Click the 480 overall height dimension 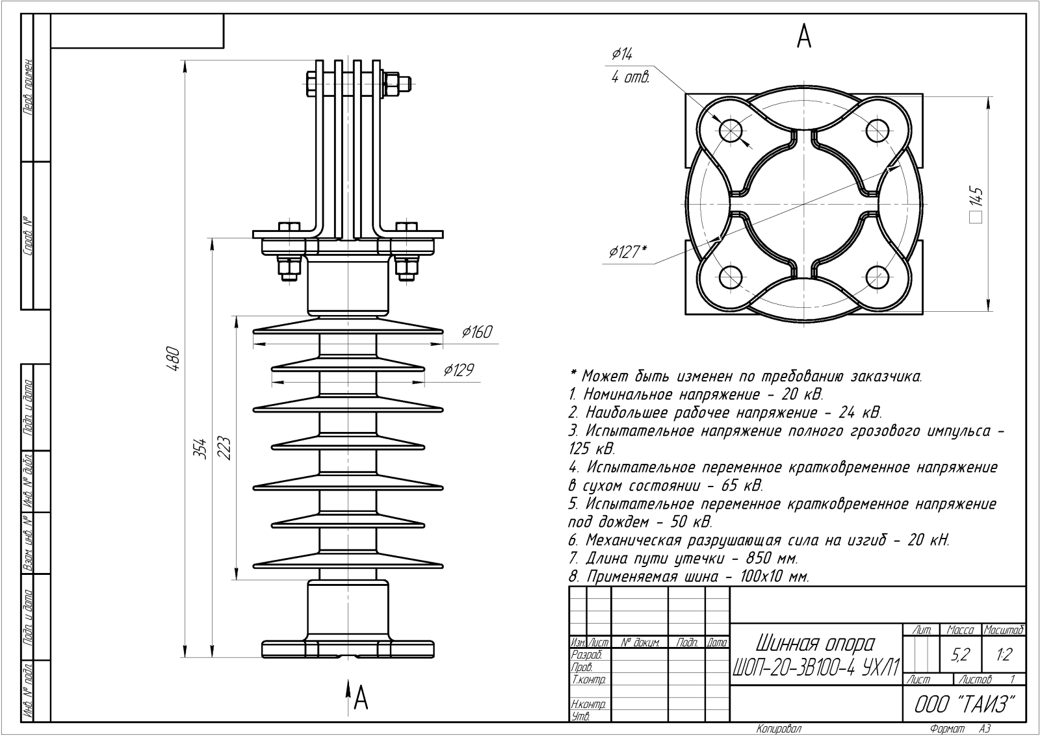173,357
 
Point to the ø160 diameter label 476,333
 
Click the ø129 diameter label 458,370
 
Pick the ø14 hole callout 622,55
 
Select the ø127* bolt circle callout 627,251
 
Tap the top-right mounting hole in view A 877,131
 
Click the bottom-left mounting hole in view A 731,277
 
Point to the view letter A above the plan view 804,37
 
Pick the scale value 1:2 1004,655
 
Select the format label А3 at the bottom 985,730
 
